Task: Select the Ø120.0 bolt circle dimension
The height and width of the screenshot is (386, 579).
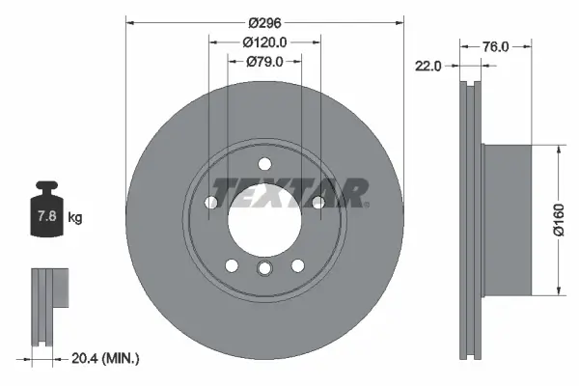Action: pyautogui.click(x=264, y=42)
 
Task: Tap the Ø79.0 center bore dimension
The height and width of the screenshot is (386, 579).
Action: pyautogui.click(x=264, y=62)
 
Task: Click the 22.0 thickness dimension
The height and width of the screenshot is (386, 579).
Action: pyautogui.click(x=427, y=66)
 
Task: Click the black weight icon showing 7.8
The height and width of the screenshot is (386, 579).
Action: pyautogui.click(x=46, y=209)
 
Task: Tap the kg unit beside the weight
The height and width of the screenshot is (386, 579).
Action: pyautogui.click(x=75, y=218)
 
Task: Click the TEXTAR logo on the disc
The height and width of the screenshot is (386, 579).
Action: pyautogui.click(x=289, y=192)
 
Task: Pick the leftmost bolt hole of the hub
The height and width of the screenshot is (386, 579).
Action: pyautogui.click(x=211, y=202)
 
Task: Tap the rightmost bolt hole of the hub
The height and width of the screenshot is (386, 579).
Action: pyautogui.click(x=317, y=201)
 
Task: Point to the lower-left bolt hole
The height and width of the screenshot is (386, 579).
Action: pyautogui.click(x=232, y=265)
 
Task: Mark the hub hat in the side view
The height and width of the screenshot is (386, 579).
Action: pyautogui.click(x=507, y=221)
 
